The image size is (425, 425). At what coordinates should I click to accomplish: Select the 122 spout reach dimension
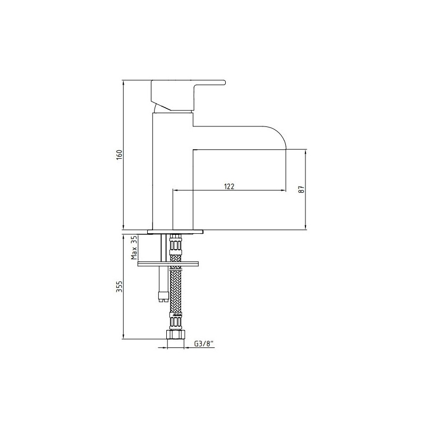click(229, 186)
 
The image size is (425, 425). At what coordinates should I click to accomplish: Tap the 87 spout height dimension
click(302, 189)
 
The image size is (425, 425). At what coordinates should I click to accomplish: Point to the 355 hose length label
click(120, 287)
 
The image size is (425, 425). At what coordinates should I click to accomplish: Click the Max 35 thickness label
click(134, 248)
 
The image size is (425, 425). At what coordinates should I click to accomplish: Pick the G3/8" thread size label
click(204, 344)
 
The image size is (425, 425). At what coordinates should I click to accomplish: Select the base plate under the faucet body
click(175, 232)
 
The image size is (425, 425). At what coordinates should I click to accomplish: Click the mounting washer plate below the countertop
click(168, 263)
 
